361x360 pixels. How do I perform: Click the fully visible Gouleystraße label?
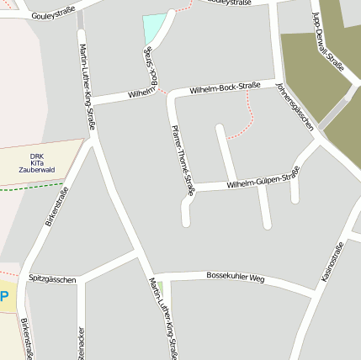point(53,13)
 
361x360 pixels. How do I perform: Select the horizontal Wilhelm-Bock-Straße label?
point(224,87)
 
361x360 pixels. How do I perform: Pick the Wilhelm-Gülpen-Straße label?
point(263,178)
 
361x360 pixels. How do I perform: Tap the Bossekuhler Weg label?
point(236,277)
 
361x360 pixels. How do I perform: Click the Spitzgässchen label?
point(52,278)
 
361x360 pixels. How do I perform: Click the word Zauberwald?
point(36,170)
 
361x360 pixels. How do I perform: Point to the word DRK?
point(36,156)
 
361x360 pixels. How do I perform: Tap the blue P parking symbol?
point(4,296)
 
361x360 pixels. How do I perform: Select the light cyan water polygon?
point(153,29)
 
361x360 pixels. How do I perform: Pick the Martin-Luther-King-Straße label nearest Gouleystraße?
point(87,85)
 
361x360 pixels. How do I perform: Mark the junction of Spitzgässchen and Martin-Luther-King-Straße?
point(135,250)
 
